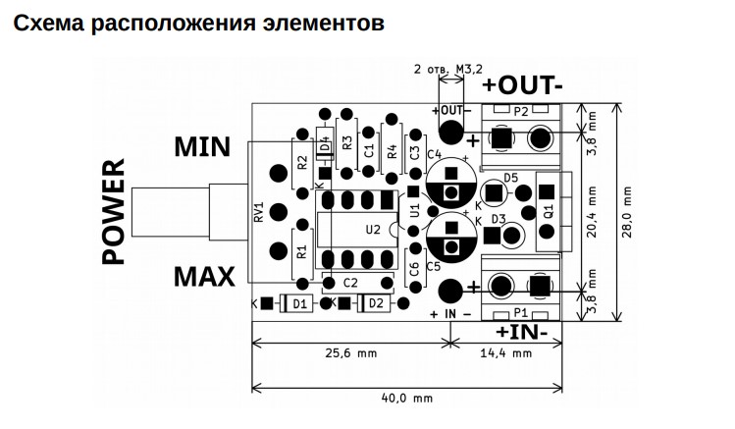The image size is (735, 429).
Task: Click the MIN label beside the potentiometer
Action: click(202, 146)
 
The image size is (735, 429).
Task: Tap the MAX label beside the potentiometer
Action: click(204, 277)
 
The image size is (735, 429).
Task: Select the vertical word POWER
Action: click(114, 211)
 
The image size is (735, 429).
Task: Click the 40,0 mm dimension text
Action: click(407, 399)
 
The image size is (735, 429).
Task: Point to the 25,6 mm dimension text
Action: click(351, 353)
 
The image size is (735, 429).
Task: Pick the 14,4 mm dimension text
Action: click(506, 353)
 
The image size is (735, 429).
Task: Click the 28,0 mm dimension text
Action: click(627, 212)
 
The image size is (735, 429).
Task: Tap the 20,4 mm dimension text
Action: click(592, 212)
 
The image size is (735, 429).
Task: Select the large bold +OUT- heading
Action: click(522, 85)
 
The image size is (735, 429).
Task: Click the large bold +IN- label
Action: click(521, 332)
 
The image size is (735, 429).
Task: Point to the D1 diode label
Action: click(299, 304)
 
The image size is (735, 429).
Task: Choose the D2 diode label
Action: click(376, 303)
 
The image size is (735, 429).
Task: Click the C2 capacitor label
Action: click(350, 283)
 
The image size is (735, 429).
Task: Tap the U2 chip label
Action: click(373, 230)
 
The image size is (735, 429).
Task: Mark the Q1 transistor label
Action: click(549, 211)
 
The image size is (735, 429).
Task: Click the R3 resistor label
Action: click(346, 142)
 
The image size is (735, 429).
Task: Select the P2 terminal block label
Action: click(521, 112)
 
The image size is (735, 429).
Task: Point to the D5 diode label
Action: click(511, 178)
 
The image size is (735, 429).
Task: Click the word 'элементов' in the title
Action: click(324, 23)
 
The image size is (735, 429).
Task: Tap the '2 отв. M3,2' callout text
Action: click(448, 70)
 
